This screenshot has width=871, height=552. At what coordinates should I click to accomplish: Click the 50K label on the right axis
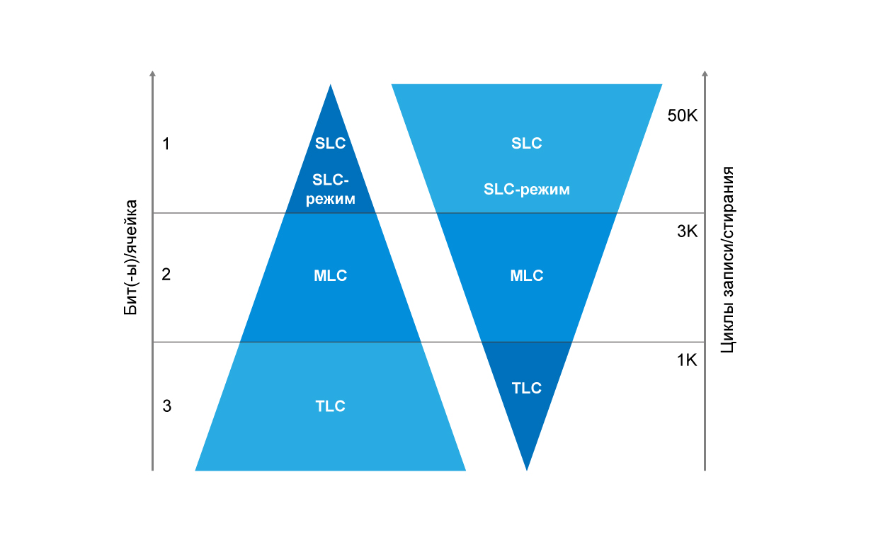(x=683, y=116)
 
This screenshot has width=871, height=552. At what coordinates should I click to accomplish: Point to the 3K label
(x=687, y=231)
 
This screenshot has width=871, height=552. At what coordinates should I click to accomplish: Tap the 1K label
(x=687, y=360)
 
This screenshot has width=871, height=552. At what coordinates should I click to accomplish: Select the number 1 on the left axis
(x=166, y=144)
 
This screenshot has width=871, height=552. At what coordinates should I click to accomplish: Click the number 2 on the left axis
(x=166, y=275)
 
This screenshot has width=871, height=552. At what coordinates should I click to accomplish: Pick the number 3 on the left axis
(x=167, y=406)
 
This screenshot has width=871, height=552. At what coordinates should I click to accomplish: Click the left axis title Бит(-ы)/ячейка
(x=131, y=258)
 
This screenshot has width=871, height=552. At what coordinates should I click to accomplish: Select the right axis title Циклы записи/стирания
(x=727, y=260)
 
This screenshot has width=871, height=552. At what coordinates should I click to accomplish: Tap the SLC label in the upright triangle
(x=330, y=144)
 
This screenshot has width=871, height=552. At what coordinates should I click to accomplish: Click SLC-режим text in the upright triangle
(x=331, y=190)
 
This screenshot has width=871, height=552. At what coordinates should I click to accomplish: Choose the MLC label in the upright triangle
(x=331, y=275)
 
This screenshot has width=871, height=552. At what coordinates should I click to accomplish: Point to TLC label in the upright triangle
(x=330, y=406)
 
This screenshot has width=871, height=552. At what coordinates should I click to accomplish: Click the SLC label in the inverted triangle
(x=526, y=144)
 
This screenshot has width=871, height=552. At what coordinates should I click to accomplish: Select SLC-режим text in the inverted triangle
(x=527, y=190)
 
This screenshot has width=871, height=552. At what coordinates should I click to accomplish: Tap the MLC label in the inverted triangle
(x=527, y=275)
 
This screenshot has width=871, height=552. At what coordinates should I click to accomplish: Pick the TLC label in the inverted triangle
(x=526, y=388)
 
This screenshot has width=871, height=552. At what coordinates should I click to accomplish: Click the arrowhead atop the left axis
(x=152, y=74)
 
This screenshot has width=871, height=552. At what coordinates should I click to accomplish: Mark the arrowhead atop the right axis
(x=705, y=74)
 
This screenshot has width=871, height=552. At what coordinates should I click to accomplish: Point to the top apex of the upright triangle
(x=331, y=84)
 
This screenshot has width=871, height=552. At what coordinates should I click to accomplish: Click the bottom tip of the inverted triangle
(x=527, y=471)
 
